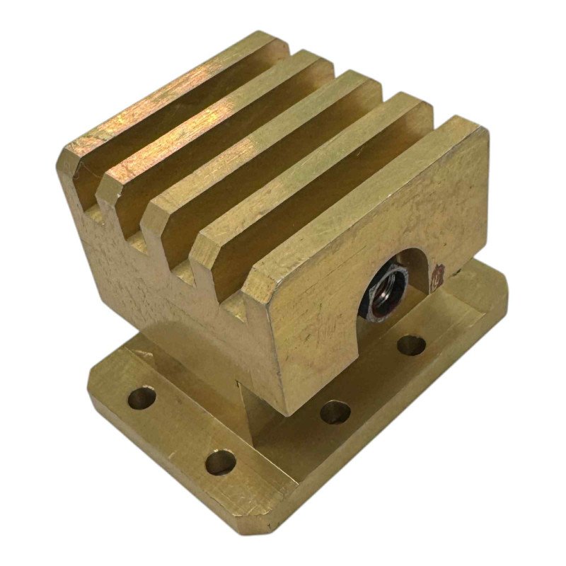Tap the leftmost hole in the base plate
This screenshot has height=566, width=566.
click(x=141, y=398)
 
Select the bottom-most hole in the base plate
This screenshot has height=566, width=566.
click(x=220, y=462)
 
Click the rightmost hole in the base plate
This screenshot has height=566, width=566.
click(x=411, y=345)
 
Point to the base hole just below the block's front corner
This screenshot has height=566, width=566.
click(x=335, y=412)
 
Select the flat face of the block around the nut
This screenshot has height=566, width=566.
click(x=325, y=333)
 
